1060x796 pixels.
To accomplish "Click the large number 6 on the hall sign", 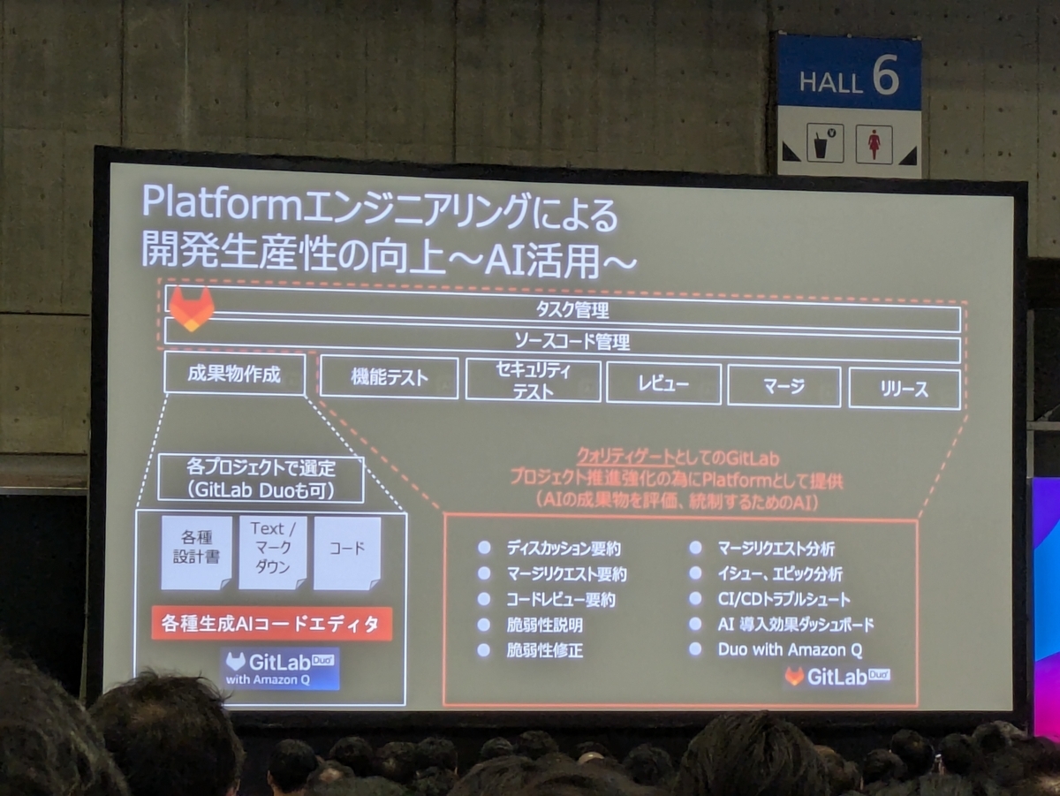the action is tap(885, 75).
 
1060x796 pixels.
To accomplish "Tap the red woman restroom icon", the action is tap(874, 144).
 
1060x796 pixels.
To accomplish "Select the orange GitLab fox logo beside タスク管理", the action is tap(191, 309).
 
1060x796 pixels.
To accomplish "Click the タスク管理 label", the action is tap(572, 309).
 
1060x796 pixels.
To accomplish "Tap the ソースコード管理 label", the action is tap(572, 342).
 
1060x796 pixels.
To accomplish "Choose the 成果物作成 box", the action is tap(235, 374).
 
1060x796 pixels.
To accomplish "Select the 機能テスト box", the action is tap(389, 378).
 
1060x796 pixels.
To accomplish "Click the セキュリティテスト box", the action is tap(534, 381).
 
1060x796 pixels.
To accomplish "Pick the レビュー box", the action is tap(664, 383).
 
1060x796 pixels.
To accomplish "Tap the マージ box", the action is tap(784, 386).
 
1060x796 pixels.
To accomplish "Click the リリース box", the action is tap(905, 389).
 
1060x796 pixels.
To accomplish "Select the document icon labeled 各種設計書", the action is tap(197, 552).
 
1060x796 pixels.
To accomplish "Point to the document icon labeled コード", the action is tap(347, 553).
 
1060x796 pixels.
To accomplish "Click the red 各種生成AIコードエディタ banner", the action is tap(271, 624).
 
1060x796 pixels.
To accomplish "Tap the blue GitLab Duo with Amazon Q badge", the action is tap(281, 669).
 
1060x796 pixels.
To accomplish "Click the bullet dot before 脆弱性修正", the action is tap(484, 650).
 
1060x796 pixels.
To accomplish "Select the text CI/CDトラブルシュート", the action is tap(784, 599).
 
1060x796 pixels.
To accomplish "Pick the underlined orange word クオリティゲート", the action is tap(626, 457).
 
